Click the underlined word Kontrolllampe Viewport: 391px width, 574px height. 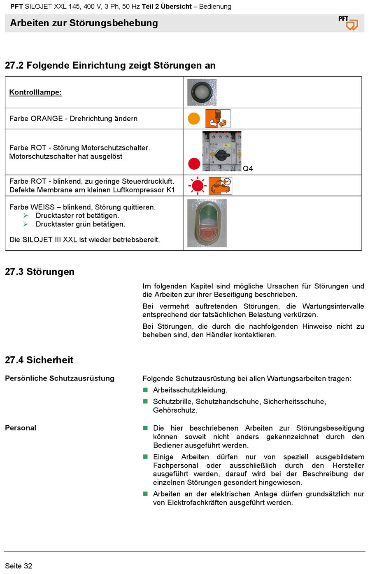tap(35, 92)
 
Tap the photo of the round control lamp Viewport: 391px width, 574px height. tap(202, 92)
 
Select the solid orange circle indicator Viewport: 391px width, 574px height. tap(194, 119)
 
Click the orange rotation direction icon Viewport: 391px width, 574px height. tap(218, 119)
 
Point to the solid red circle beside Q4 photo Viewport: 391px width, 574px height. tap(194, 164)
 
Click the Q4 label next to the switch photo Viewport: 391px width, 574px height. tap(248, 168)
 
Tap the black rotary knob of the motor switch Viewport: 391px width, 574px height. tap(222, 155)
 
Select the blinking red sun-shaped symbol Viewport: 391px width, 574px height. tap(198, 186)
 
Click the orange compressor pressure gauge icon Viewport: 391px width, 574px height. tap(220, 186)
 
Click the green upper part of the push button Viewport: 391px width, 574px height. tap(207, 214)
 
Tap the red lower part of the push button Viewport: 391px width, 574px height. tap(207, 234)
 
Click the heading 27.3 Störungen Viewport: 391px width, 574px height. tap(40, 272)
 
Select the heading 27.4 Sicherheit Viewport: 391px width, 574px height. tap(39, 360)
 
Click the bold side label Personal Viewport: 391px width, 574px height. tap(21, 428)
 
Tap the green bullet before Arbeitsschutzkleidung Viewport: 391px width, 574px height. tap(145, 390)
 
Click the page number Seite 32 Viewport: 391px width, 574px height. tap(19, 566)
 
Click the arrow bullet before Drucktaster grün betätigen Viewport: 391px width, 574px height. tap(26, 224)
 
